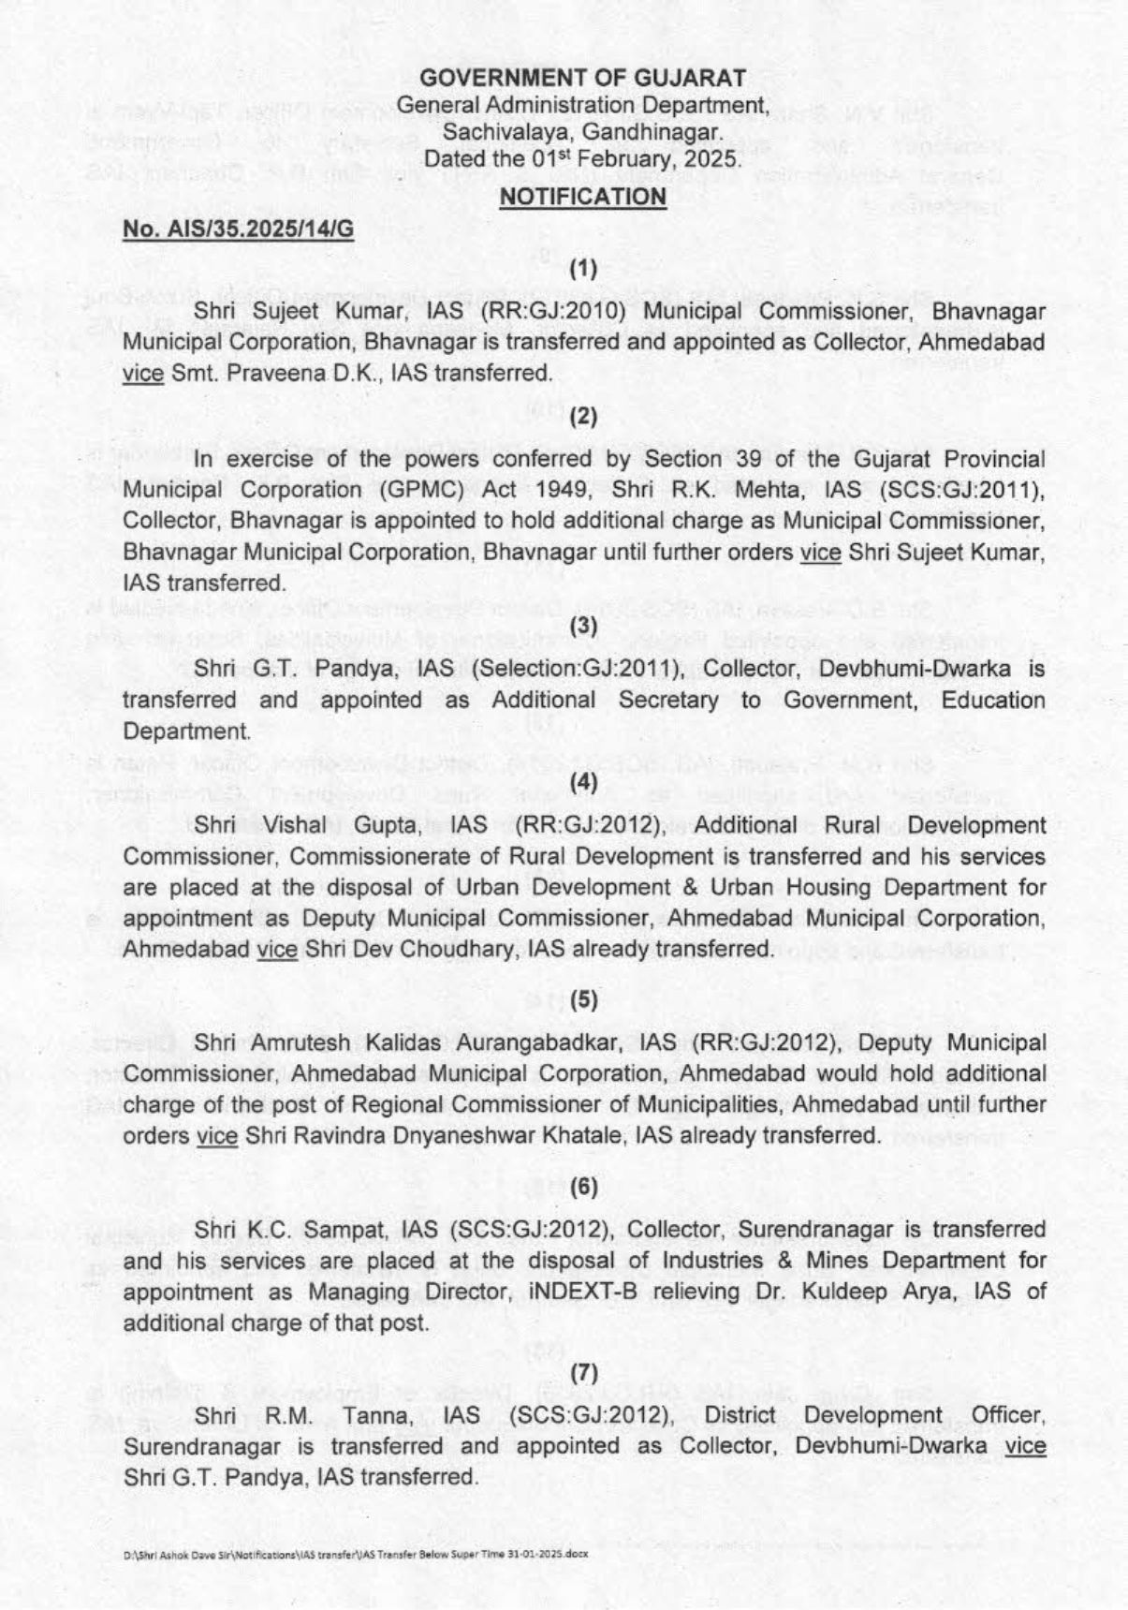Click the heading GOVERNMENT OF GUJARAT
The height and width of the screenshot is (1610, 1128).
point(582,78)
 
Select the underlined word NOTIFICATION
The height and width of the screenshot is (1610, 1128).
point(582,197)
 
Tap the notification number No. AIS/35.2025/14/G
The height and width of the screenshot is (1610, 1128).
point(239,229)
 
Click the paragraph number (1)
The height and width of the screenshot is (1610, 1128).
point(583,270)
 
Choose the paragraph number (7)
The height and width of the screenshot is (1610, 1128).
point(583,1373)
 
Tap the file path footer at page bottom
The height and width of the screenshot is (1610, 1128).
point(355,1553)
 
